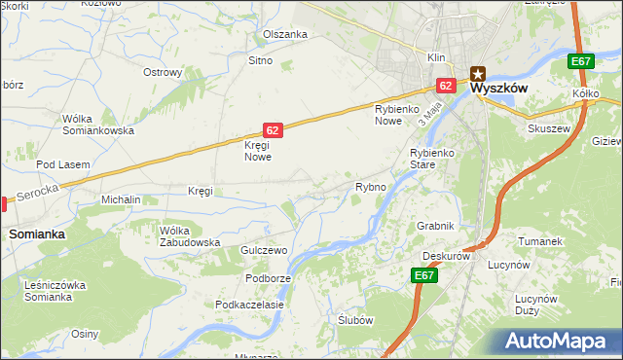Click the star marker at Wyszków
[478, 71]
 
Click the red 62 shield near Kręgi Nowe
[274, 129]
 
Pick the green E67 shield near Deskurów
[423, 276]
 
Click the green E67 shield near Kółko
[581, 62]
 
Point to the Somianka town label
[37, 234]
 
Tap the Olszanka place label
[285, 34]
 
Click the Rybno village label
[371, 186]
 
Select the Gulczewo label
[265, 250]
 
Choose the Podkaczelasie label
[250, 305]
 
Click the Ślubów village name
[355, 320]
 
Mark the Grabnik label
[435, 226]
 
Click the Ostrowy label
[163, 72]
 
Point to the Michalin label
[122, 199]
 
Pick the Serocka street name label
[36, 196]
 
